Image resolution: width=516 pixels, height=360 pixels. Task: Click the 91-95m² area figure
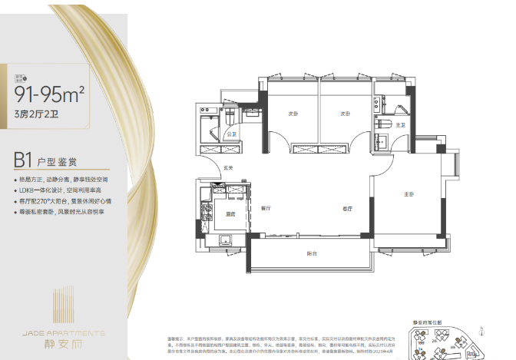click(x=49, y=94)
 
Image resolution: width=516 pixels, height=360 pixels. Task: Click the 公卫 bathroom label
click(x=231, y=134)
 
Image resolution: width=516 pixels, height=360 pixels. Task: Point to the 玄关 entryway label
click(x=228, y=167)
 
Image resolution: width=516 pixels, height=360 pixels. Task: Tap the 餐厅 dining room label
click(x=266, y=208)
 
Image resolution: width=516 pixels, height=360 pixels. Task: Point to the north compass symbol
click(x=481, y=332)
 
